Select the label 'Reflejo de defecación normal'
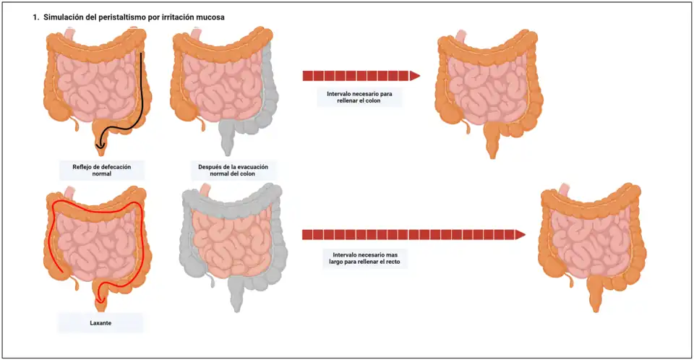point(102,170)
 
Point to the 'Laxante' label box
point(102,322)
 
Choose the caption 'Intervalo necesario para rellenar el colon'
point(359,96)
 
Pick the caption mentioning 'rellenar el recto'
point(365,259)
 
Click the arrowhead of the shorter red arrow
point(415,75)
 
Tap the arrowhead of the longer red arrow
point(519,234)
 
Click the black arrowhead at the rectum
point(101,145)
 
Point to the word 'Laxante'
point(102,322)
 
